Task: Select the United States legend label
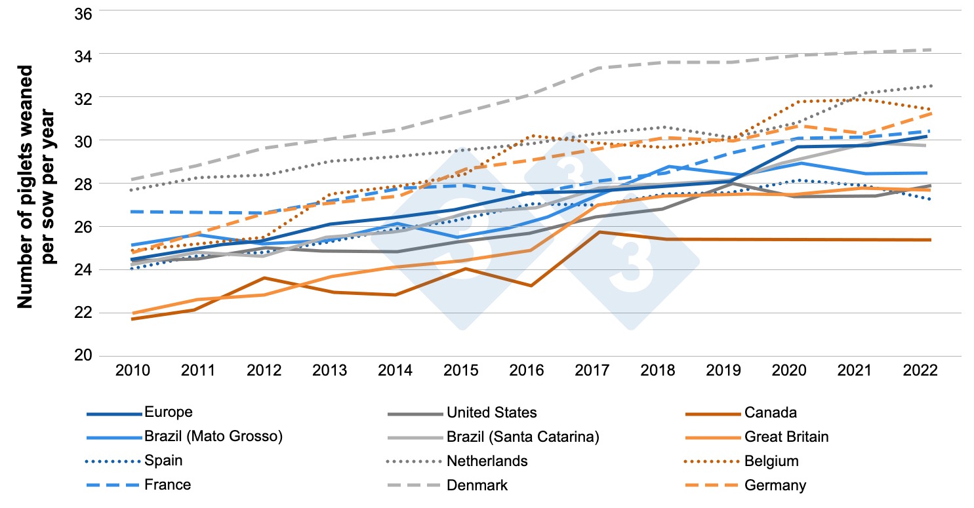pos(491,412)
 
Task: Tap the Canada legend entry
pos(770,412)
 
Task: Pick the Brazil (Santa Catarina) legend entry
pos(523,437)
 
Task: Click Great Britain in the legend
pos(786,437)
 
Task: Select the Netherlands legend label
pos(487,461)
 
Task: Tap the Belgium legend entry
pos(771,461)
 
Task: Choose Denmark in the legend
pos(477,485)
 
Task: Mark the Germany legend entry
pos(775,485)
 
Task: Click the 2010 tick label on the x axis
pos(132,370)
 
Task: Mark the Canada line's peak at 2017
pos(599,232)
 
